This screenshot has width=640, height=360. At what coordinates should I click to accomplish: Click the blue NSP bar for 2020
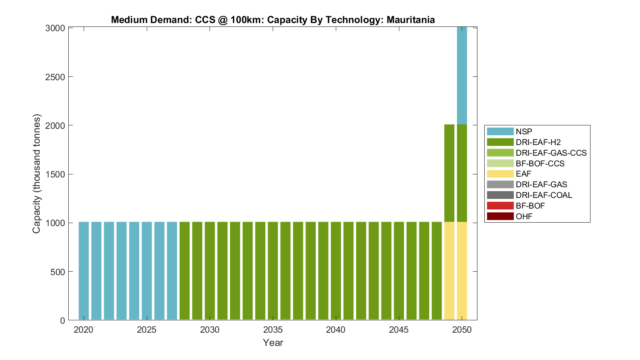tap(84, 270)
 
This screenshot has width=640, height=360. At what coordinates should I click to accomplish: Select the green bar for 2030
tap(210, 270)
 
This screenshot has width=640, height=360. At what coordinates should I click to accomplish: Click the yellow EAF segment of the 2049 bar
tap(449, 270)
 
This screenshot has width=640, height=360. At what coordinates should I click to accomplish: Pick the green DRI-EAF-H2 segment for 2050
tap(462, 173)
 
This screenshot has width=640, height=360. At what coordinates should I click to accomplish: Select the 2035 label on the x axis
tap(273, 330)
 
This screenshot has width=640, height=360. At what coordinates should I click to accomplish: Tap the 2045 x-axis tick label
tap(399, 330)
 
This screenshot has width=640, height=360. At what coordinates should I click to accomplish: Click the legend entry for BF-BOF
tap(530, 206)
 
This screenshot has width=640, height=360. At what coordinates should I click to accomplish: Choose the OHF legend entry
tap(524, 216)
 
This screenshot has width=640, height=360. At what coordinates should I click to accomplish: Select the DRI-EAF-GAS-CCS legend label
tap(551, 153)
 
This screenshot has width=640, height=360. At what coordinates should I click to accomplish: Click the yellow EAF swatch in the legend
tap(500, 174)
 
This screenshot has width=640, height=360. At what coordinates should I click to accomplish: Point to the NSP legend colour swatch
tap(500, 131)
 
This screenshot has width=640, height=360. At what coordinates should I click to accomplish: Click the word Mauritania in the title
tap(410, 20)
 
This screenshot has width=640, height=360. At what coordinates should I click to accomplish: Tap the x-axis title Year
tap(273, 343)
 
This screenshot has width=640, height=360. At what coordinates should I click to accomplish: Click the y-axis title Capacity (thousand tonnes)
tap(37, 174)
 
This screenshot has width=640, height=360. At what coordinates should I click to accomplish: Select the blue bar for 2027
tap(172, 270)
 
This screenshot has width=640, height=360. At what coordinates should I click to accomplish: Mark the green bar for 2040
tap(336, 270)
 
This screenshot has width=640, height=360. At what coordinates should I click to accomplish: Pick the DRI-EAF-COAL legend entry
tap(544, 195)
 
